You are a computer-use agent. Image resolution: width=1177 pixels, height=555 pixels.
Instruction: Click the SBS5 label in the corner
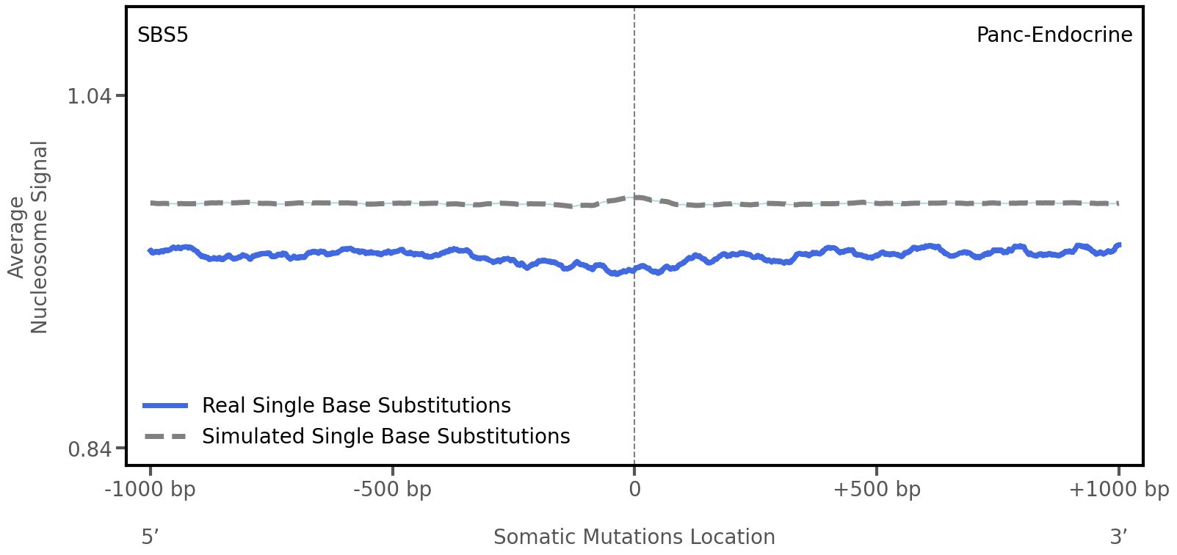tap(163, 35)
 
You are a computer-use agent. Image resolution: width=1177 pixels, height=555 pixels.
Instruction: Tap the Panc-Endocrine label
tap(1054, 35)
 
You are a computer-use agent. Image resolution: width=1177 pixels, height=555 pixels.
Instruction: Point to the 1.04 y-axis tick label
tap(89, 96)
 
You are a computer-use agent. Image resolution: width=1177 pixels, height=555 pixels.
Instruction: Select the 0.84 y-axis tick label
tap(89, 449)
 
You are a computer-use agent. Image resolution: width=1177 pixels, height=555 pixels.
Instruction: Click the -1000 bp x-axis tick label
tap(151, 490)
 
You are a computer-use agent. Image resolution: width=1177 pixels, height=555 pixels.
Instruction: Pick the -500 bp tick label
tap(392, 490)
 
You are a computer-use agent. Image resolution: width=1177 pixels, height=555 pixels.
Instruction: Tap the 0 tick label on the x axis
tap(634, 490)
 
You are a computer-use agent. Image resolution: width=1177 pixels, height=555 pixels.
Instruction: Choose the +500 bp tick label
tap(877, 490)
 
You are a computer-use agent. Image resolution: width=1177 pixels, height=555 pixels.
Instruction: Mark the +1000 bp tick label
tap(1118, 490)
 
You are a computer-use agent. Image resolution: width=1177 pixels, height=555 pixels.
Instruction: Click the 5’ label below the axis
tap(151, 537)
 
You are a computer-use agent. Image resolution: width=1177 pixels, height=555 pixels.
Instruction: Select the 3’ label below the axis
tap(1118, 537)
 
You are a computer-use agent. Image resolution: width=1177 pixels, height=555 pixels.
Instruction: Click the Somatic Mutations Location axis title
tap(634, 537)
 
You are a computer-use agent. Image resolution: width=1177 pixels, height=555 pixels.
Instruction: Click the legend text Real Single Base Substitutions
tap(356, 406)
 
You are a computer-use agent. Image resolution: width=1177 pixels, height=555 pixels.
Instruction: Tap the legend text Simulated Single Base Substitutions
tap(385, 437)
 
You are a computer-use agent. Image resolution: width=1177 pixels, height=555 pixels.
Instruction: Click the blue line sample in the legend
tap(166, 406)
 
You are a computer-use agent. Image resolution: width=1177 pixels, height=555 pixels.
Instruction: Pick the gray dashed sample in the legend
tap(166, 437)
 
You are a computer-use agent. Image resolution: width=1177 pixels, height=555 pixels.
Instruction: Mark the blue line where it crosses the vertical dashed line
tap(634, 269)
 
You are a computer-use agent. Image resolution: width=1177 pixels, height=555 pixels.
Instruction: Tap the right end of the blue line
tap(1118, 245)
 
